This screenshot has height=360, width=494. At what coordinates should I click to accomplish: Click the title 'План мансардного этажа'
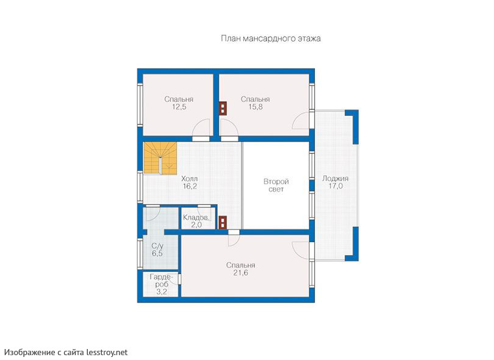click(271, 38)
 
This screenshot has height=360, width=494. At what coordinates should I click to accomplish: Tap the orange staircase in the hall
click(160, 158)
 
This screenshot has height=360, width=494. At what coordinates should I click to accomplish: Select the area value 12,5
click(179, 107)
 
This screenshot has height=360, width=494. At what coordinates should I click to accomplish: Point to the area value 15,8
click(255, 107)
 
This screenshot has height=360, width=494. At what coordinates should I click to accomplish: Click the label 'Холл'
click(190, 179)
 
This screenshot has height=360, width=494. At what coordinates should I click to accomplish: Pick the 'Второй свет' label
click(276, 185)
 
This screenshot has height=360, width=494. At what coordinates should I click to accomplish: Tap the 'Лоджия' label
click(335, 178)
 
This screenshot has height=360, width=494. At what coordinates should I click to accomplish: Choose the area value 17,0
click(335, 186)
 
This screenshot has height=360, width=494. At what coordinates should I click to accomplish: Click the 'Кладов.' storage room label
click(196, 217)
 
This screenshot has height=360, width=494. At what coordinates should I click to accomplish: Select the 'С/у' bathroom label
click(157, 246)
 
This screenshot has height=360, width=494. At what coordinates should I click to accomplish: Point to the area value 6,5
click(157, 253)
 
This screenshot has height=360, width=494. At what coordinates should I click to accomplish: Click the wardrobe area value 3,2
click(162, 292)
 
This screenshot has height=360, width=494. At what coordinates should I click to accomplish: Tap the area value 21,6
click(241, 273)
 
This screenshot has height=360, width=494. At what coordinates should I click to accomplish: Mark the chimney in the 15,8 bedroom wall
click(223, 109)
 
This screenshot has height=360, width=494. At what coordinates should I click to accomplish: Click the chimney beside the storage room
click(223, 223)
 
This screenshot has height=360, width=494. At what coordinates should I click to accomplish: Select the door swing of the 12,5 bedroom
click(201, 128)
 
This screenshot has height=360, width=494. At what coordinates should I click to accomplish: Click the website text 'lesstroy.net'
click(107, 352)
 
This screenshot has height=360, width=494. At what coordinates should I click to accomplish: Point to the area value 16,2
click(190, 186)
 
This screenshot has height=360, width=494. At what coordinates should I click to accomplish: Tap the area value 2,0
click(196, 225)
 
